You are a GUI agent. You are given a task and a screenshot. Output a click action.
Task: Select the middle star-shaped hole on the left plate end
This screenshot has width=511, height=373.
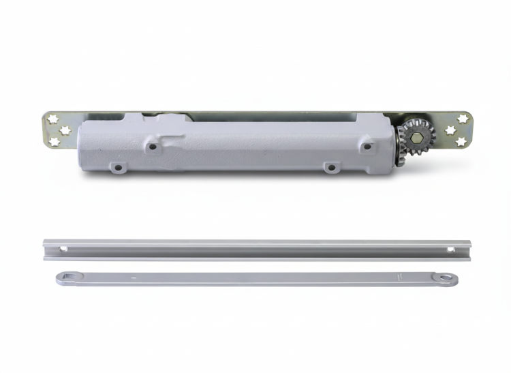pos(65,129)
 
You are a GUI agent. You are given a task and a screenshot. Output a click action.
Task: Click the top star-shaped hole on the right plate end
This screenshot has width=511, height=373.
pos(463,119)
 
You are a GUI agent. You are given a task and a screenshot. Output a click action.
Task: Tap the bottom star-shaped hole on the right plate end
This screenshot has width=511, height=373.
pos(463,141)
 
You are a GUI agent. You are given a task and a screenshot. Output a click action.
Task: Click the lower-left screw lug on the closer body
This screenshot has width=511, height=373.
pos(118,166)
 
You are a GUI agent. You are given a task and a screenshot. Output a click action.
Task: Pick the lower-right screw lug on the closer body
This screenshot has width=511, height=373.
pos(330,166)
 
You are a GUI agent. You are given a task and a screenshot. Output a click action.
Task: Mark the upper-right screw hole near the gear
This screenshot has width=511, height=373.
pos(367,146)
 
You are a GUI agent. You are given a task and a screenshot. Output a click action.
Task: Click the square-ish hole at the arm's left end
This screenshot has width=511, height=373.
pos(65,276)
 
